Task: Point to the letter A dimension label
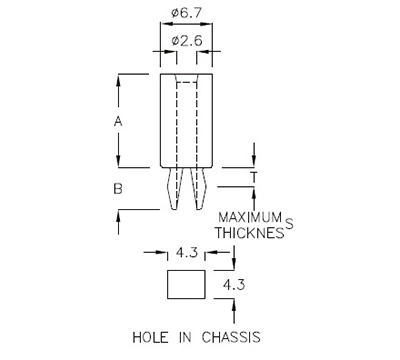click(x=119, y=121)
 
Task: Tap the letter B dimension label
click(x=118, y=187)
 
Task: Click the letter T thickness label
click(x=254, y=177)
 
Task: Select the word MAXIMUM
click(x=251, y=217)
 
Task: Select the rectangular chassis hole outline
click(x=185, y=285)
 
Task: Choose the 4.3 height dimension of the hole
click(x=233, y=285)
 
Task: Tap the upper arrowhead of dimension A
click(x=120, y=78)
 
